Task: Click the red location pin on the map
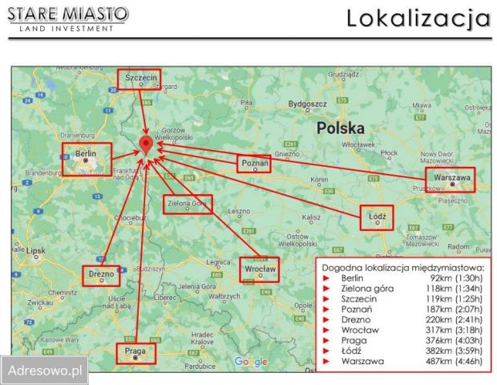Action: (145, 144)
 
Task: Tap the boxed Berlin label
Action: (87, 159)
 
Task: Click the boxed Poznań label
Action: (254, 164)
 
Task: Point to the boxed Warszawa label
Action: (450, 180)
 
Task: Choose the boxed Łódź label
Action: (377, 217)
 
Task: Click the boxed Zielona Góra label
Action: (188, 205)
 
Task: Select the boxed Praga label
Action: (134, 353)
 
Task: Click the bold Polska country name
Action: (340, 128)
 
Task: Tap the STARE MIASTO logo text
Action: (67, 14)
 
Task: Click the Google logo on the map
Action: (251, 363)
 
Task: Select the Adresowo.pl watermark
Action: (45, 371)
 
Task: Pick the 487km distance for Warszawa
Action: (441, 361)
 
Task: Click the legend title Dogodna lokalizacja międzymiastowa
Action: (402, 267)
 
